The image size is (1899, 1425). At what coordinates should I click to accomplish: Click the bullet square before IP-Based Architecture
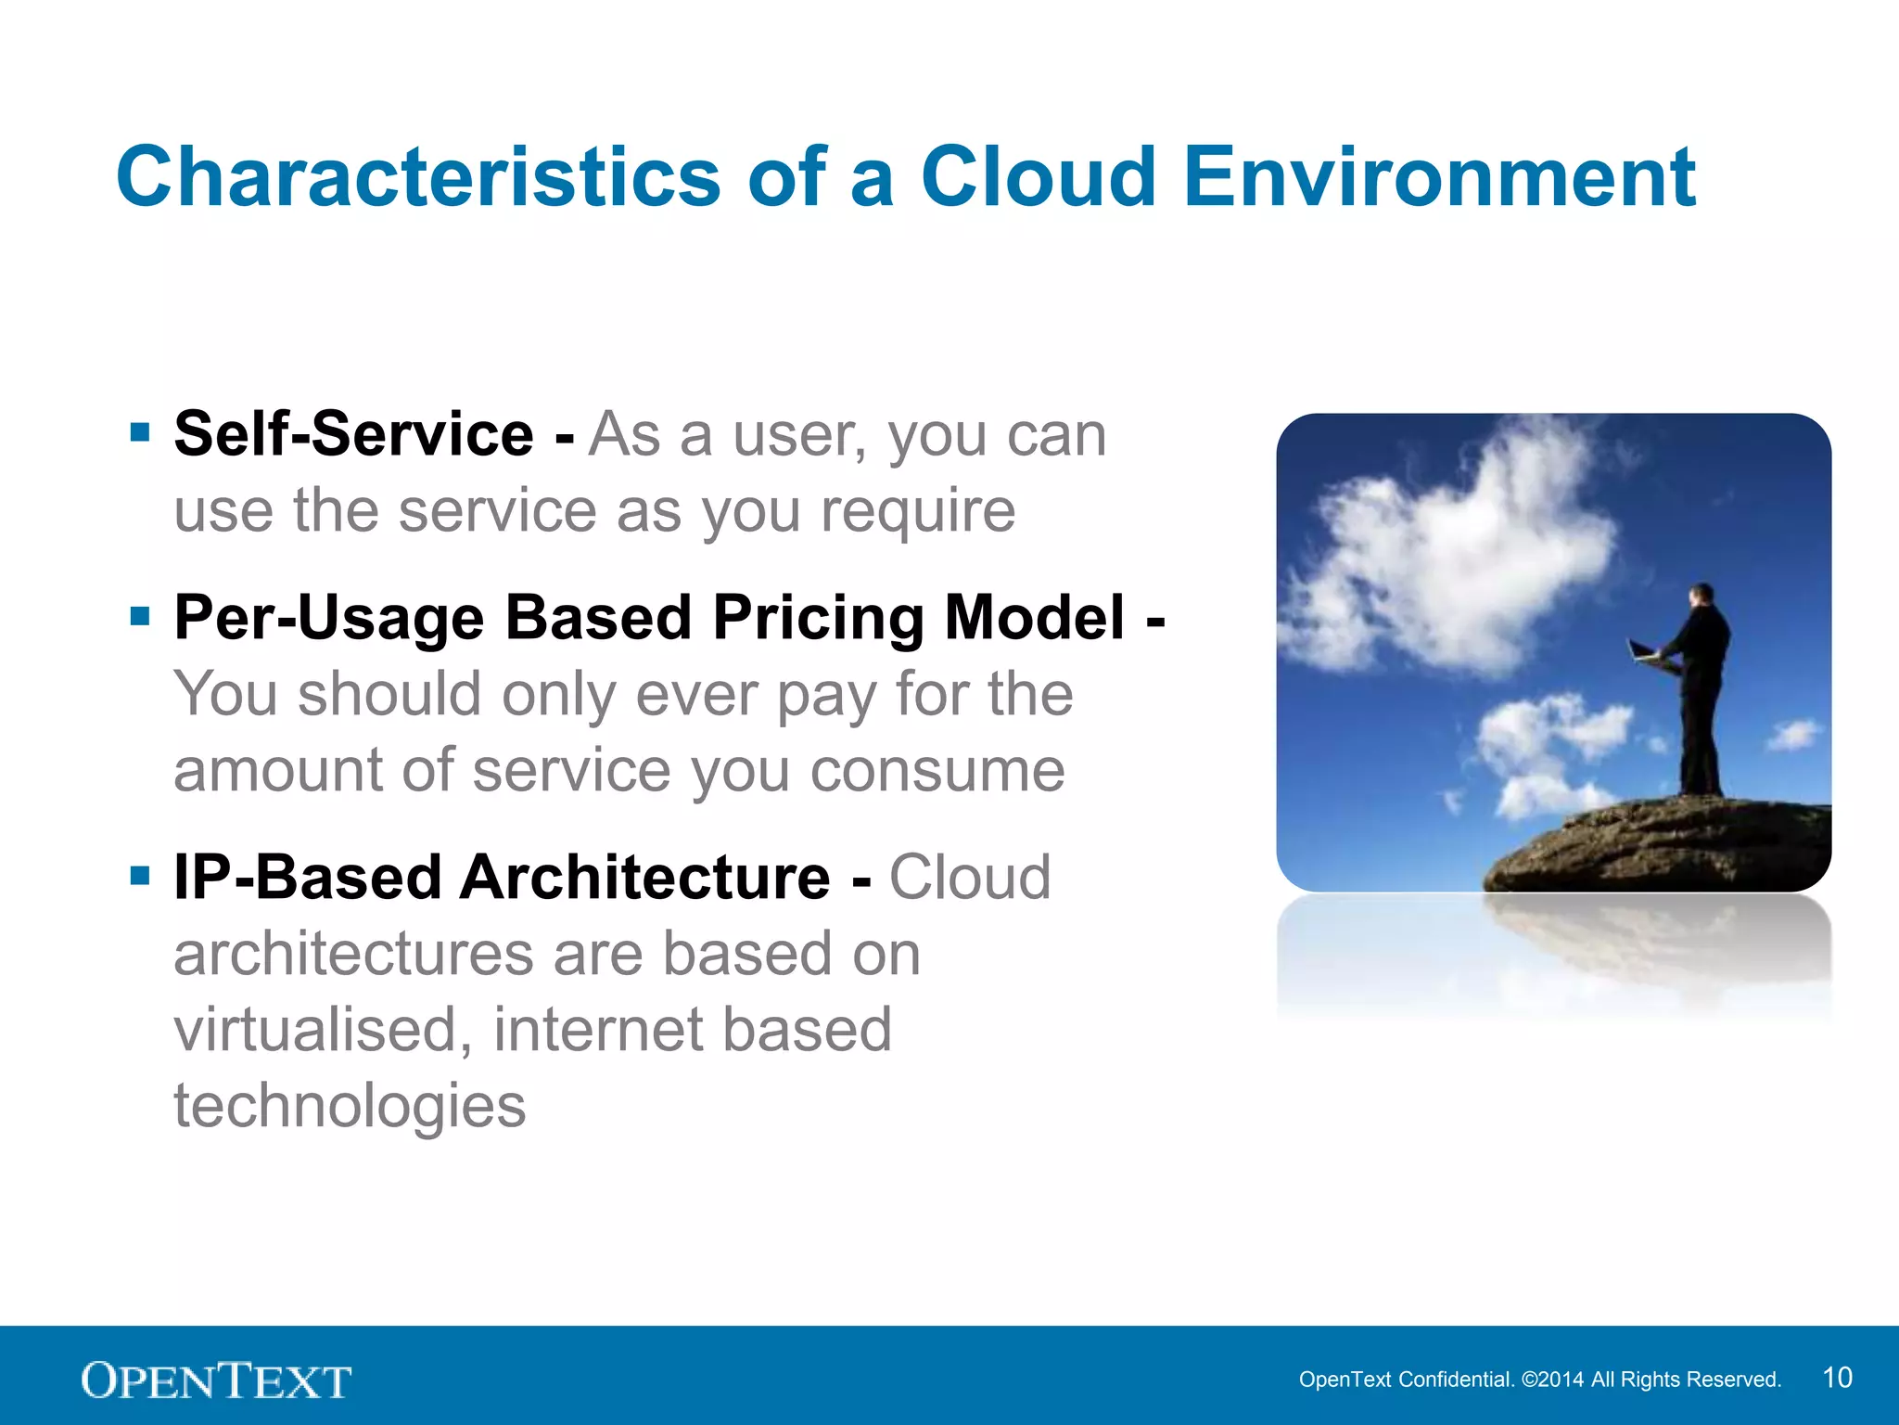(140, 876)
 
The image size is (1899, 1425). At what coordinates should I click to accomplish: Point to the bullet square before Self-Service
(140, 432)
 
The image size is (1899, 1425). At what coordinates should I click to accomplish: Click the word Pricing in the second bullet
(817, 619)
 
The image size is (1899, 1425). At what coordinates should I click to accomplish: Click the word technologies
(350, 1106)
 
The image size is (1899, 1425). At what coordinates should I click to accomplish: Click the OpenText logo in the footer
(216, 1380)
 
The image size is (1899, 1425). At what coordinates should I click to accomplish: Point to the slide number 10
(1837, 1378)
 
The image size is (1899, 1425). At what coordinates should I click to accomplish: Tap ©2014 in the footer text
(1553, 1380)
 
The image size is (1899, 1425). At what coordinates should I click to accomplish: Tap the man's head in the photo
(1702, 594)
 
